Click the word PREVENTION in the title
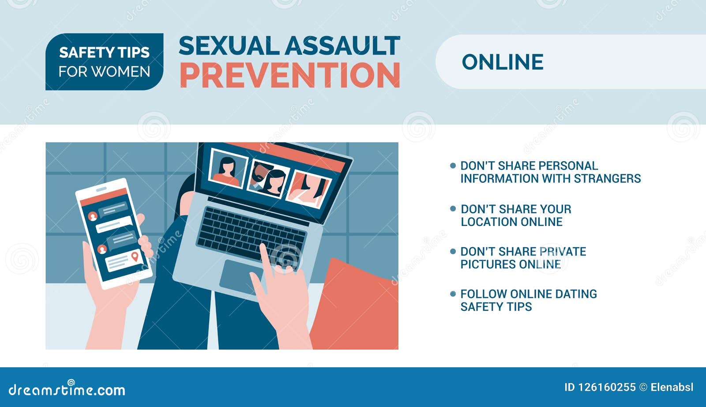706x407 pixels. (290, 75)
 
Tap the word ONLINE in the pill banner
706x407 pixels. (503, 62)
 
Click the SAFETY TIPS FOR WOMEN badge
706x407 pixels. (104, 62)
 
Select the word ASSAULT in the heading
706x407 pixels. (343, 46)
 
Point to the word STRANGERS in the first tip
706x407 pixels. (607, 178)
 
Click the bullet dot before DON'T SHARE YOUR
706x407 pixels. (453, 209)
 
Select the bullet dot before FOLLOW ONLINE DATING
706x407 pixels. (453, 294)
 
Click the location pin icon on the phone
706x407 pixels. (135, 256)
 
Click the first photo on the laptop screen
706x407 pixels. (228, 169)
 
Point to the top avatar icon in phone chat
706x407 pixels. (93, 217)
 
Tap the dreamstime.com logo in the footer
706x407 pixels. (67, 388)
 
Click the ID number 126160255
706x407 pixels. (606, 387)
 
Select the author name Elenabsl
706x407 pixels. (672, 387)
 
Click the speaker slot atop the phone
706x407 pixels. (101, 189)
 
